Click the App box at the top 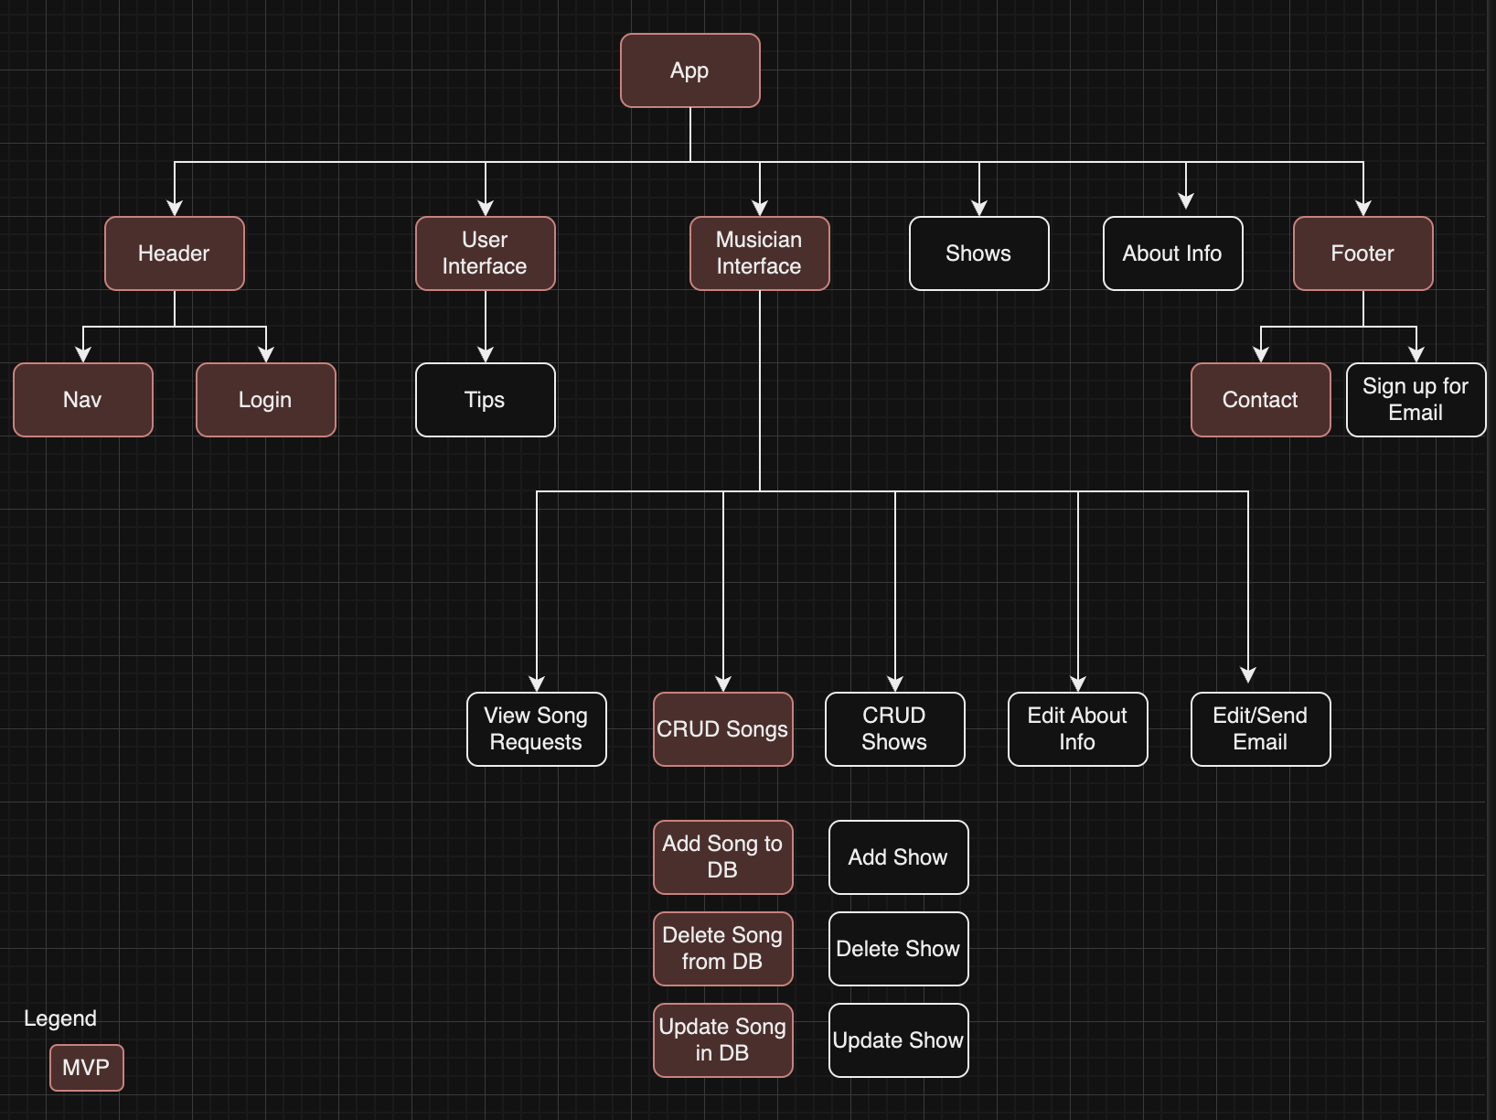tap(689, 70)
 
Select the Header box tap(174, 253)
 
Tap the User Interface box tap(485, 253)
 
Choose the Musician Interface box tap(759, 253)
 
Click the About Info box tap(1172, 253)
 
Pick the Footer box tap(1362, 253)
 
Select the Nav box tap(82, 400)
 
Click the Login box tap(265, 400)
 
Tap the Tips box tap(485, 400)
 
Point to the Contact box tap(1260, 400)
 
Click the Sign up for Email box tap(1416, 400)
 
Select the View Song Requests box tap(536, 729)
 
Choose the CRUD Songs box tap(722, 729)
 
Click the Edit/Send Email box tap(1260, 729)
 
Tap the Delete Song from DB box tap(722, 949)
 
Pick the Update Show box tap(898, 1040)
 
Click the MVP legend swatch tap(86, 1068)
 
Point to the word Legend tap(60, 1018)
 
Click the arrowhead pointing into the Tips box tap(486, 355)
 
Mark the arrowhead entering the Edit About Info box tap(1078, 684)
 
